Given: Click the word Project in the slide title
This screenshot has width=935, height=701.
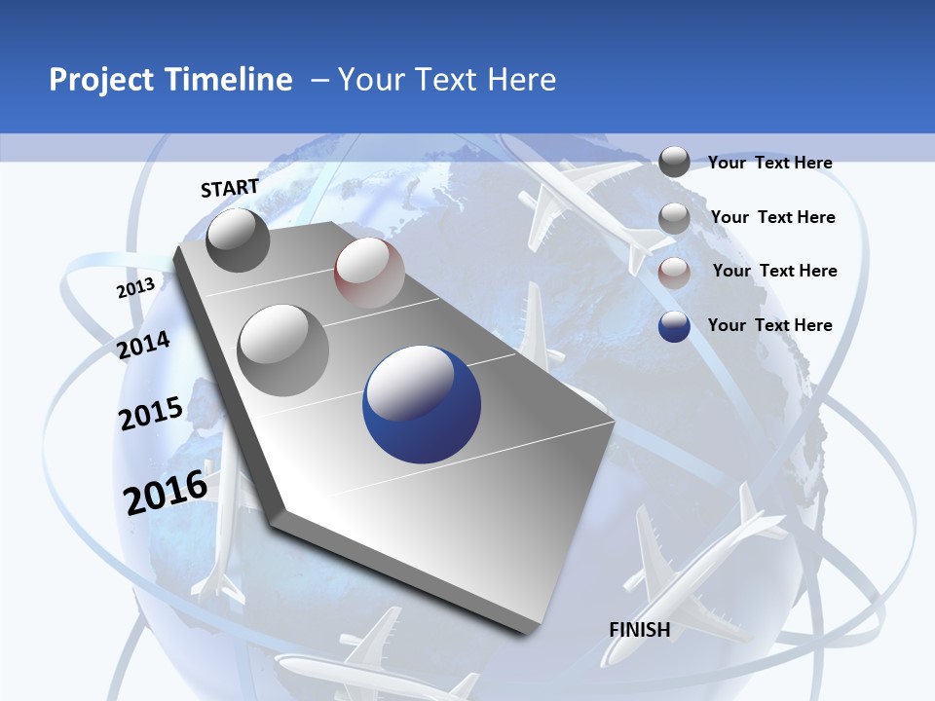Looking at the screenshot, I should coord(102,80).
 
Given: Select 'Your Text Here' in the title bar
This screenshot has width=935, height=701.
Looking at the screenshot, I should coord(447,80).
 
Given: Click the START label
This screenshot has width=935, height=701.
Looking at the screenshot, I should coord(230,188).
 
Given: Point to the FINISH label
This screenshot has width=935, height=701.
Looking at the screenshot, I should coord(639,630).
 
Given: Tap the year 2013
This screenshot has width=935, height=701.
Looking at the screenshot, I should coord(135,288).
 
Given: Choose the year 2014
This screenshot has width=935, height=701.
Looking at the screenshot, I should coord(143,346).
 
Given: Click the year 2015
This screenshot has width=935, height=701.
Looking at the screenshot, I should coord(150,414).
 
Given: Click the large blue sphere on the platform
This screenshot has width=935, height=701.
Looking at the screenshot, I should coord(422,404).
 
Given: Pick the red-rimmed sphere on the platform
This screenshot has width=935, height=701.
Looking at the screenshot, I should coord(369,273).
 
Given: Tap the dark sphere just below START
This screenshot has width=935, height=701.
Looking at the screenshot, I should coord(239,240).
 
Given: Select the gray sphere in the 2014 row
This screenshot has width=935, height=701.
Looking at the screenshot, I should coord(282,350).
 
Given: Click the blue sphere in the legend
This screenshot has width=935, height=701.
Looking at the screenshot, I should coord(674,326).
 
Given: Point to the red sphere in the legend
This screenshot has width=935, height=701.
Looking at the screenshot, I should coord(674,273).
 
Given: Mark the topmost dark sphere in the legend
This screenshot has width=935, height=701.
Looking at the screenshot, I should coord(674,162).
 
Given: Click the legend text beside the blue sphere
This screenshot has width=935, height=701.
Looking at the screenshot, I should coord(769,325).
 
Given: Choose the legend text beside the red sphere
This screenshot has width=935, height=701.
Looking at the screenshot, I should coord(774,271).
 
